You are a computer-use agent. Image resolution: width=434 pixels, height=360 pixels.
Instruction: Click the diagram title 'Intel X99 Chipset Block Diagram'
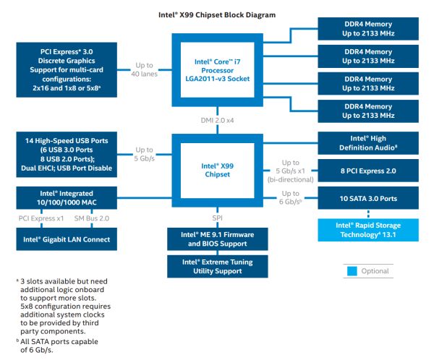point(216,14)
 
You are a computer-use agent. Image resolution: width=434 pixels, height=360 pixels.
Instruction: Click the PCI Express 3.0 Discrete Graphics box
point(66,70)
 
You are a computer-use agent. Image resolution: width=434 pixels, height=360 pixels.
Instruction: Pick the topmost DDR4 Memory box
point(370,29)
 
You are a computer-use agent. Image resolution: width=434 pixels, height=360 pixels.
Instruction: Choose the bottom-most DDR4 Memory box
point(370,111)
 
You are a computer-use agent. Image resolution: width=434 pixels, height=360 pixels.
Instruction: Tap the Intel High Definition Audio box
point(370,142)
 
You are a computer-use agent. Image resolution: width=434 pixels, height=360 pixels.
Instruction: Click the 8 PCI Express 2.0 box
point(370,171)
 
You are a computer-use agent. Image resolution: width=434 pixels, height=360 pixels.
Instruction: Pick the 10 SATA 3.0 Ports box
point(370,198)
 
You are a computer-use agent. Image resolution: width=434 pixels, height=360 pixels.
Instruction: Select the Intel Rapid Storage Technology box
point(370,230)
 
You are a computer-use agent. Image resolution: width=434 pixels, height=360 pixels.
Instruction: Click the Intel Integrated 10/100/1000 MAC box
point(66,197)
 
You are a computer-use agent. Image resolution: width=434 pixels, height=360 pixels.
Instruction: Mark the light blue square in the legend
point(352,271)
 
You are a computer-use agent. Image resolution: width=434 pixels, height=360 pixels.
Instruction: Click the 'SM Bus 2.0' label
point(93,218)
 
